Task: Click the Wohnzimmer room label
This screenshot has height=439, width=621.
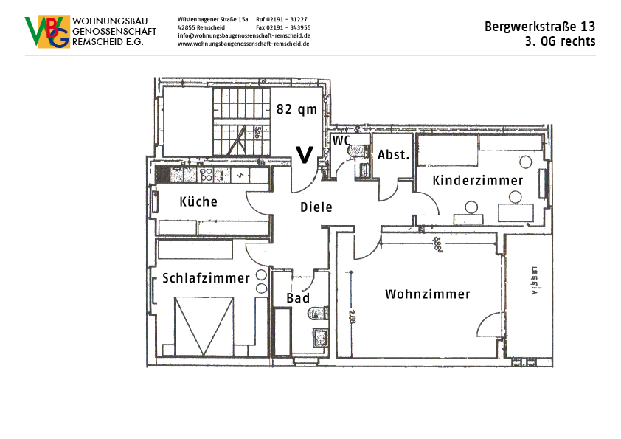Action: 427,294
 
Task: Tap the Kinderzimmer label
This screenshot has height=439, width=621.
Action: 477,181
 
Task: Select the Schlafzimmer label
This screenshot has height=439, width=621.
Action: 206,278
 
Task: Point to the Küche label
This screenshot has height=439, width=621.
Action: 198,201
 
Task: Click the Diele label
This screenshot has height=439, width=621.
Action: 316,207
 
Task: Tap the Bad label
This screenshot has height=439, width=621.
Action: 298,298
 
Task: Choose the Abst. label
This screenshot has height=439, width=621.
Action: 392,155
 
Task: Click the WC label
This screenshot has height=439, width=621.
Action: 341,140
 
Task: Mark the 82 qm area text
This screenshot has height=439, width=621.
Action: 296,109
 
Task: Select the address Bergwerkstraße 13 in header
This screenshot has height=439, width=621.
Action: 540,27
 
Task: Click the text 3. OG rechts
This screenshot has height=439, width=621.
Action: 560,41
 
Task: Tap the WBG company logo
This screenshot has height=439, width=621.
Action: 48,32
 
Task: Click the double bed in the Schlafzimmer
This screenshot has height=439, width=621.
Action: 204,325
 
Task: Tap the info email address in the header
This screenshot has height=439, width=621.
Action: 243,35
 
